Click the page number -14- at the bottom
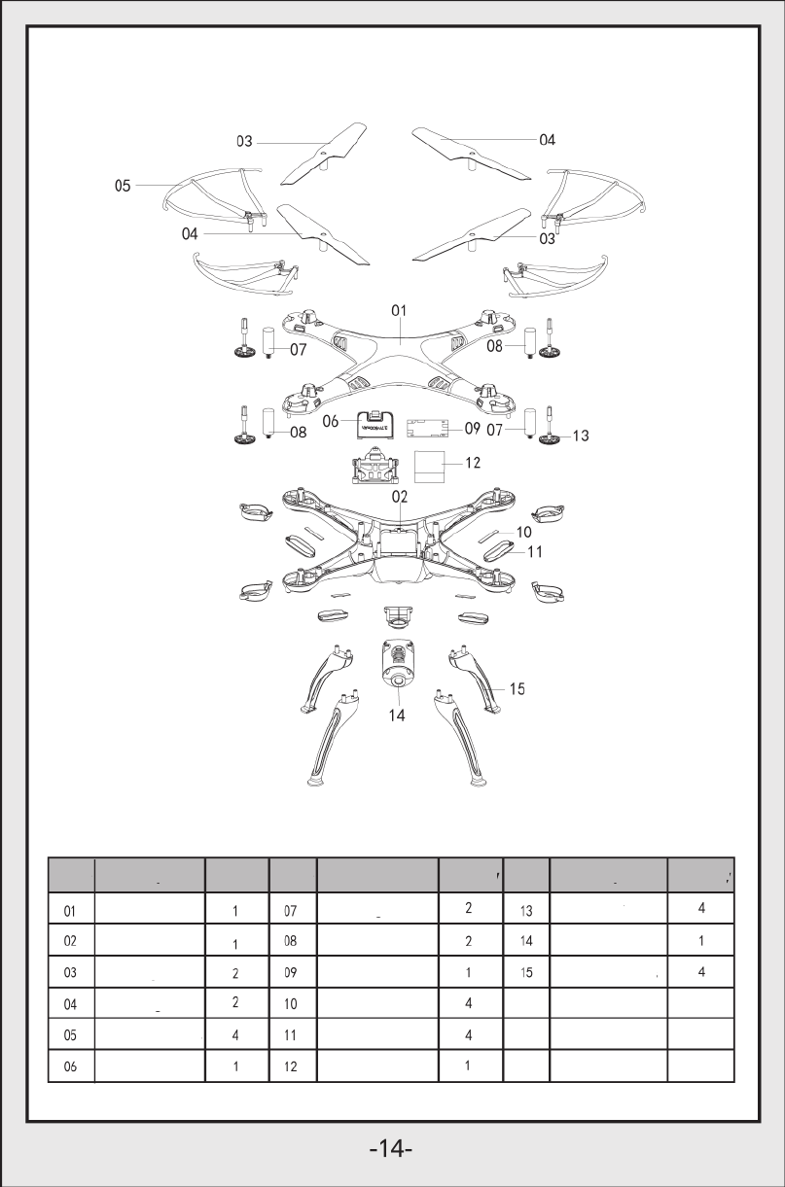point(392,1148)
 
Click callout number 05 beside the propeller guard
point(123,186)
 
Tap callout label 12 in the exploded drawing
point(472,463)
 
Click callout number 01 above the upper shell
point(399,310)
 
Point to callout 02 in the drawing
point(399,497)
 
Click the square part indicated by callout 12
point(430,466)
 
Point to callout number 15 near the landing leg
point(517,689)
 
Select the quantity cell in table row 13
point(701,910)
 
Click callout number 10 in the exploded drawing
point(523,532)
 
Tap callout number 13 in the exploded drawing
point(580,436)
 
